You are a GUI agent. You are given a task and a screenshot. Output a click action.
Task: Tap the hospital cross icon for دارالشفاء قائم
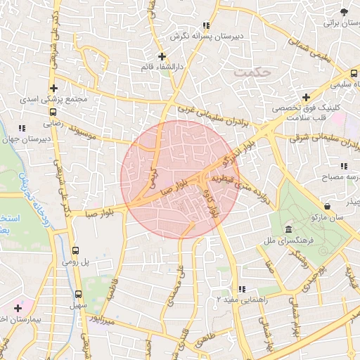162,56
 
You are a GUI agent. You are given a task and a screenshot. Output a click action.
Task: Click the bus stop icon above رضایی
54,111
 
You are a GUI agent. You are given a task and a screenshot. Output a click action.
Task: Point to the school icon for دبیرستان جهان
22,128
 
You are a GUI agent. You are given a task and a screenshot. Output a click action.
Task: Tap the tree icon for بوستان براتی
343,12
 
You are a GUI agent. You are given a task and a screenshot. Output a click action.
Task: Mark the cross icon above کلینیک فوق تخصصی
305,97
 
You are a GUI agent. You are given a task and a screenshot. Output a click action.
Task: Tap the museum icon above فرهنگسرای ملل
289,230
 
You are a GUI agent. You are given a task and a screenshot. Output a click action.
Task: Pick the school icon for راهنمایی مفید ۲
241,289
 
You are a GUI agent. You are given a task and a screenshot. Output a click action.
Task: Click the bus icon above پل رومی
76,250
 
